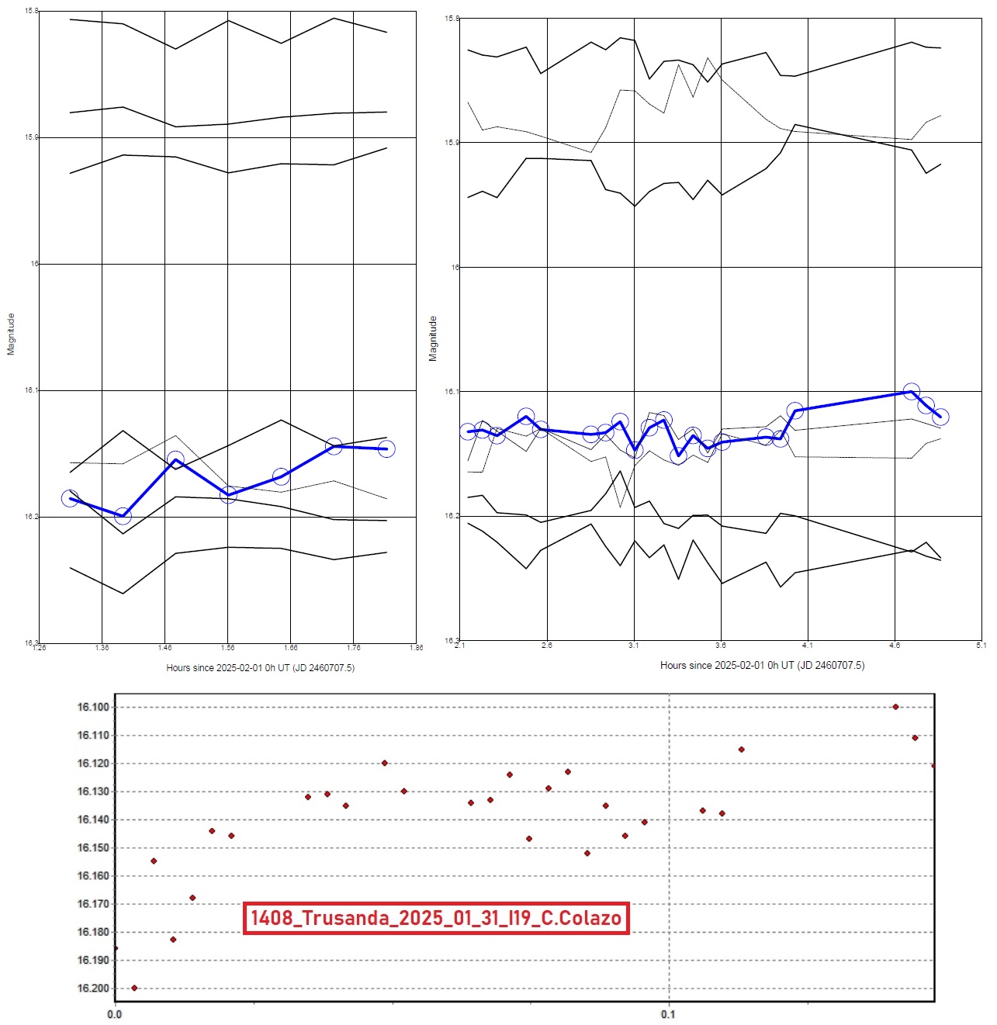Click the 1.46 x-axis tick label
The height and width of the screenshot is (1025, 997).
[164, 647]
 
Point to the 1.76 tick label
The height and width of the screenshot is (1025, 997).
[353, 647]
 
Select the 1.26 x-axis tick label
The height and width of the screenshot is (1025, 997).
[39, 647]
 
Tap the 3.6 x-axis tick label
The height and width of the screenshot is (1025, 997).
[721, 645]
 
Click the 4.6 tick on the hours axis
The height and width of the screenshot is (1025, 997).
[895, 645]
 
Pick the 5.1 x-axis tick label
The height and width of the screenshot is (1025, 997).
[981, 645]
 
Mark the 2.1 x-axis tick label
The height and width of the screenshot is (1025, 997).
[460, 645]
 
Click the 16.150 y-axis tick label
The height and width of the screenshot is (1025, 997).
[93, 847]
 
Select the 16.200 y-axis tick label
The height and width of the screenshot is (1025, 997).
[93, 988]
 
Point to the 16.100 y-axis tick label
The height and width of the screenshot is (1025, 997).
[93, 707]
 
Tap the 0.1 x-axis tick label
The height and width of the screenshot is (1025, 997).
[668, 1014]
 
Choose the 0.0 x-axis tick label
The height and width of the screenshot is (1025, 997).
[115, 1014]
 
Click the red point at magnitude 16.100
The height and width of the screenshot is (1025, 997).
[895, 707]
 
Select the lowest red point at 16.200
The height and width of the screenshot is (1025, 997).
[134, 988]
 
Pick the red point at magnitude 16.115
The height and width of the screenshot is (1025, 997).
[741, 749]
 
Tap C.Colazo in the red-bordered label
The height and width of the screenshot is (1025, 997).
[580, 918]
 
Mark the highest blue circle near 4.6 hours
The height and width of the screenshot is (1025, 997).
[912, 392]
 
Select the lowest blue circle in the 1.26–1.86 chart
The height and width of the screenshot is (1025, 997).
[123, 516]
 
